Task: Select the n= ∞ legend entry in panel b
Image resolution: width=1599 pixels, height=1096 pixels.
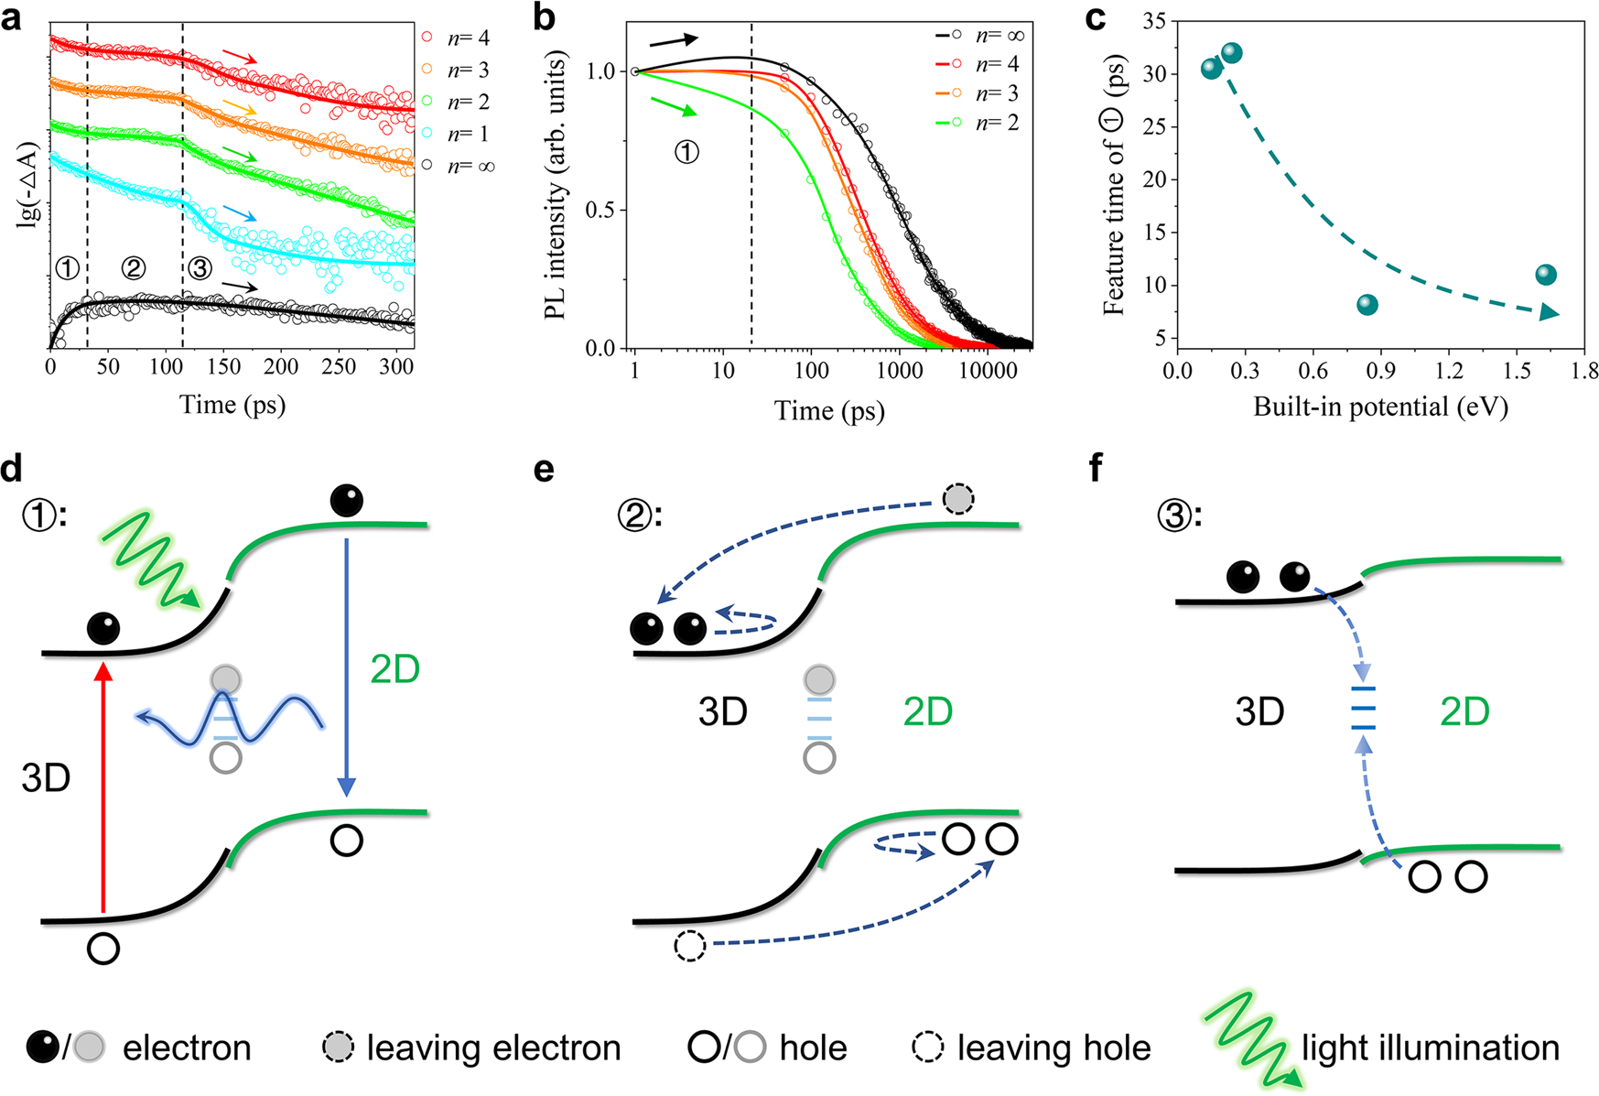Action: [x=979, y=35]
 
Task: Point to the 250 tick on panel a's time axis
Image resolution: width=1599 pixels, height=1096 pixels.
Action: [x=339, y=366]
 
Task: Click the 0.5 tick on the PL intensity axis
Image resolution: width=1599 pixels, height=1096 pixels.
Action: [x=600, y=210]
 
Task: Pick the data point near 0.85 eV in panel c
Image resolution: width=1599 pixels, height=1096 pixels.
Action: [x=1367, y=305]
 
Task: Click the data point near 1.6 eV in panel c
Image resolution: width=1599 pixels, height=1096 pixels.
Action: [x=1546, y=275]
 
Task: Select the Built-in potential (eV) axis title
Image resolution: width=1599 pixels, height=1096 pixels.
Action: [x=1380, y=406]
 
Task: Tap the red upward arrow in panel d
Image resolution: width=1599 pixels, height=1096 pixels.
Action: [x=103, y=787]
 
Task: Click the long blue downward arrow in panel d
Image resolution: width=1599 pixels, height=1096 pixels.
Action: [x=346, y=668]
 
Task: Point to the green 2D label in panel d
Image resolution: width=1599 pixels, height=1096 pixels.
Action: [x=394, y=670]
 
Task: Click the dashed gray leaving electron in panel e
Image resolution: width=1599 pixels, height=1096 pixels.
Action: [x=958, y=499]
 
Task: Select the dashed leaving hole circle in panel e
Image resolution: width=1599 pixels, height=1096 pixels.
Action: [x=690, y=945]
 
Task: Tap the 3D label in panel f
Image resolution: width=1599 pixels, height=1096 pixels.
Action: [x=1259, y=711]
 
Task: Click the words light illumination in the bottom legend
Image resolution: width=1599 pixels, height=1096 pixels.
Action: [x=1430, y=1047]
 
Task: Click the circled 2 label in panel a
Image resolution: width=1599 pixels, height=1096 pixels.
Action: [x=134, y=268]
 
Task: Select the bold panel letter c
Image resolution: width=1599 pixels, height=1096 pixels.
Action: [x=1095, y=18]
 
